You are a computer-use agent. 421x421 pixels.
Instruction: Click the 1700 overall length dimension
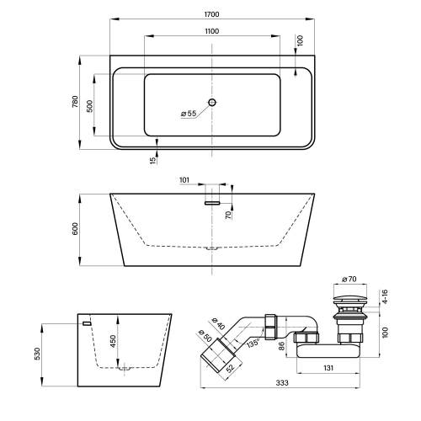tap(211, 14)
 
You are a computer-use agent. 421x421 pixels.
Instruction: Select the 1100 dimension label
tap(211, 31)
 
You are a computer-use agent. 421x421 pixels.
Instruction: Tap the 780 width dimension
tap(75, 102)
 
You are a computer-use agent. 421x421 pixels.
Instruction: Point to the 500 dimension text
tap(89, 106)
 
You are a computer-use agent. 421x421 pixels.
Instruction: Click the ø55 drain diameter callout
tap(189, 114)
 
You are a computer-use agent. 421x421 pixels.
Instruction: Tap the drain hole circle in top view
tap(212, 102)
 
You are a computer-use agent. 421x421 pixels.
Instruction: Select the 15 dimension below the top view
tap(152, 160)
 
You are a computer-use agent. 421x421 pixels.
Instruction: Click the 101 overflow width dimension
tap(184, 180)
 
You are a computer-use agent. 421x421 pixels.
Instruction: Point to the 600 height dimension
tap(75, 228)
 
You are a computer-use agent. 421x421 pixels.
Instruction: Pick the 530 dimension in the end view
tap(37, 354)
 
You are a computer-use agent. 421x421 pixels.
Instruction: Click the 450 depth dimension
tap(113, 341)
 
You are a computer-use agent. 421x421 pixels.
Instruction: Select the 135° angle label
tap(253, 343)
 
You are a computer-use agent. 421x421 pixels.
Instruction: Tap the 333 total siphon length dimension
tap(282, 382)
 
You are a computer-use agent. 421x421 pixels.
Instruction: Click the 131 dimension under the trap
tap(328, 368)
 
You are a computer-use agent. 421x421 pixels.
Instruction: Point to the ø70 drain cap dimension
tap(349, 279)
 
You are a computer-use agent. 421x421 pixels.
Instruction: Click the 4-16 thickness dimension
tap(385, 296)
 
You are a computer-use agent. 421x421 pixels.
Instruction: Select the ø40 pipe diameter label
tap(218, 323)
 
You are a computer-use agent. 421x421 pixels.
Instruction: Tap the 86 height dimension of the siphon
tap(282, 345)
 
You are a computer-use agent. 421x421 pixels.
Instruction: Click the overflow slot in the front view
tap(212, 203)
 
